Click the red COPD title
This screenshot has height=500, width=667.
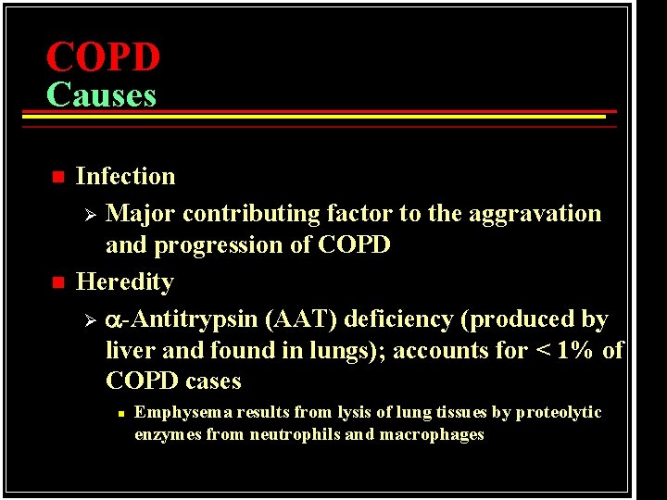[103, 57]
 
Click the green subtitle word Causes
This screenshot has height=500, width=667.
[101, 94]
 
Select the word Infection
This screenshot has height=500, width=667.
[125, 176]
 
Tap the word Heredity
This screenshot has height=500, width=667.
[124, 281]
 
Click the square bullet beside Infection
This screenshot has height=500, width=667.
[57, 177]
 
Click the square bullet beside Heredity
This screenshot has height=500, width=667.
[57, 282]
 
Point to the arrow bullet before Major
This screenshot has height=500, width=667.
[90, 215]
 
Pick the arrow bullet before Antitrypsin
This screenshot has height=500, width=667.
[90, 320]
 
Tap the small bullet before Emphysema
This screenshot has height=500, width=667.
[120, 413]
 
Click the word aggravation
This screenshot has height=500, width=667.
[541, 214]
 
